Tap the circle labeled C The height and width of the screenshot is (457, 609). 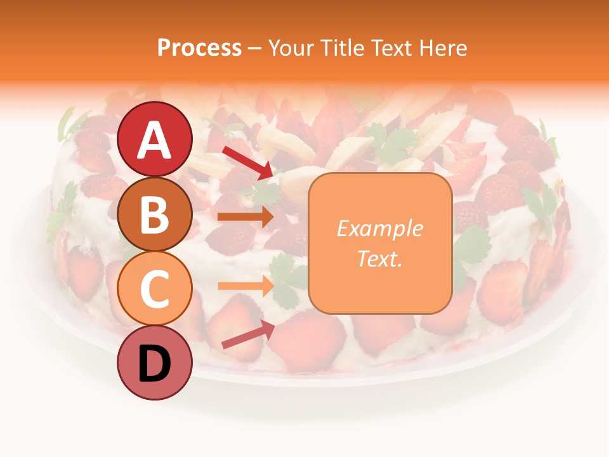pyautogui.click(x=155, y=289)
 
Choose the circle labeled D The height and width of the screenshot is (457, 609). pyautogui.click(x=155, y=364)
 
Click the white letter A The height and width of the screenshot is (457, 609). pyautogui.click(x=155, y=140)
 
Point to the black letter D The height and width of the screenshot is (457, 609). pyautogui.click(x=155, y=364)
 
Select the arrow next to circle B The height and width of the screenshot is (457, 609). pyautogui.click(x=246, y=217)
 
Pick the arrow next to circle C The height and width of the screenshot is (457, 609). pyautogui.click(x=246, y=286)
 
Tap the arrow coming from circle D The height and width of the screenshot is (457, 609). pyautogui.click(x=248, y=334)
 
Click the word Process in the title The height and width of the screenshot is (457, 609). pyautogui.click(x=199, y=48)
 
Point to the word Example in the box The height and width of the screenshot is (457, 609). pyautogui.click(x=379, y=228)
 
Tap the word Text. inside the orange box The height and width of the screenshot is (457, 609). pyautogui.click(x=379, y=258)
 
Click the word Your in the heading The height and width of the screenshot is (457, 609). pyautogui.click(x=291, y=48)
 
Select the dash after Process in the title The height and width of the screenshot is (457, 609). pyautogui.click(x=254, y=49)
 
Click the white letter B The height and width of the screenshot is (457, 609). pyautogui.click(x=155, y=214)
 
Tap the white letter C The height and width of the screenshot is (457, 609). pyautogui.click(x=155, y=289)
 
